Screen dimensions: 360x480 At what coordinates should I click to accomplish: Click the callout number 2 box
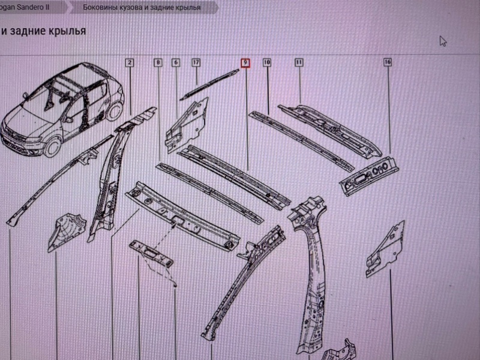(x=130, y=62)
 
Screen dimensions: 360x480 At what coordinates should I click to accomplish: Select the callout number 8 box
(x=157, y=62)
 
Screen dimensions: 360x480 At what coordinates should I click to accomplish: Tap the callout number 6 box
(x=176, y=62)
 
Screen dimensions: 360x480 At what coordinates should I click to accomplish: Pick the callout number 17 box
(x=196, y=62)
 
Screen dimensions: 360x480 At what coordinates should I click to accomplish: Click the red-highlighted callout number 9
(x=245, y=62)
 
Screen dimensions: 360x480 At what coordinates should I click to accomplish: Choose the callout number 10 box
(x=266, y=62)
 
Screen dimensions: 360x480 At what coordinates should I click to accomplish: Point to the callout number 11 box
(x=299, y=62)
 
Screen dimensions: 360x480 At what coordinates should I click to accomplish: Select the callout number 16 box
(x=388, y=62)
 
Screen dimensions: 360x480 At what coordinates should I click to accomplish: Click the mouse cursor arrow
(x=443, y=41)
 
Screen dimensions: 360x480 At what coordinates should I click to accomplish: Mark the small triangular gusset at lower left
(x=66, y=230)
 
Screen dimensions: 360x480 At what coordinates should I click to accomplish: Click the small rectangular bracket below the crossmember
(x=150, y=252)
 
